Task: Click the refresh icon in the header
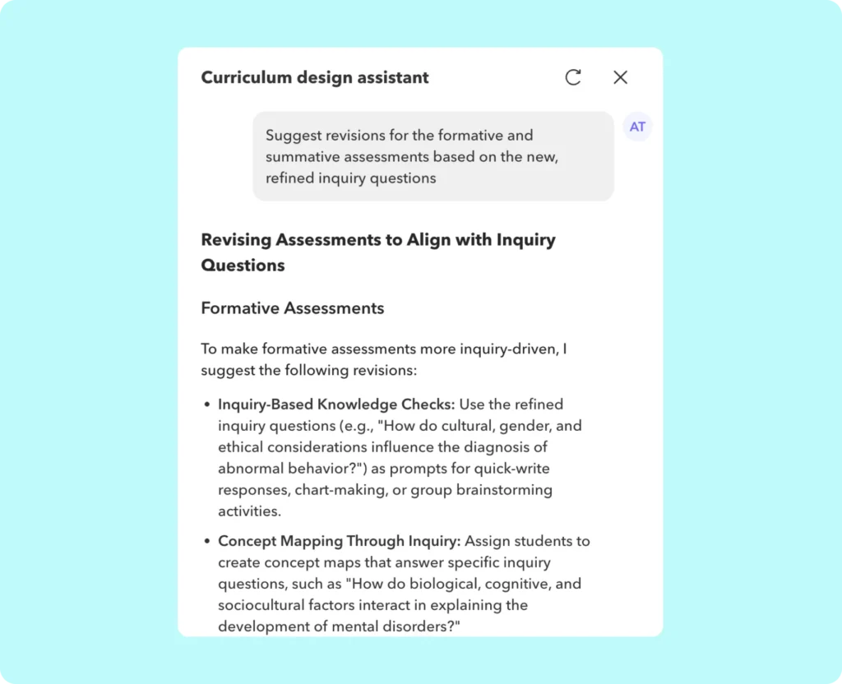[x=573, y=77]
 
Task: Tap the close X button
[x=620, y=77]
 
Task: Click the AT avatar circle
[x=637, y=127]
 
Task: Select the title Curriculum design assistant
[x=315, y=78]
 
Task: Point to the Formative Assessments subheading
[x=292, y=308]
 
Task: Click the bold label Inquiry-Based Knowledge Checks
[x=335, y=404]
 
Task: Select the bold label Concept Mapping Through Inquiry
[x=339, y=541]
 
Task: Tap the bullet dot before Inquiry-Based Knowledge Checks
[x=206, y=405]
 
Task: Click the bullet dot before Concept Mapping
[x=206, y=542]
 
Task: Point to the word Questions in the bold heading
[x=243, y=266]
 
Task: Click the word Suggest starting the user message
[x=293, y=135]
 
